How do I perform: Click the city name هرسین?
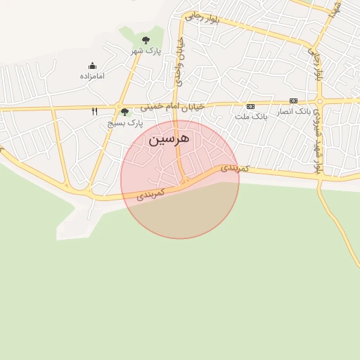click(x=169, y=139)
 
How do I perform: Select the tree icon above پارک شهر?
click(x=146, y=40)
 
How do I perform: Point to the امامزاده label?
click(x=92, y=75)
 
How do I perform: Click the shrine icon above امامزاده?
click(x=92, y=65)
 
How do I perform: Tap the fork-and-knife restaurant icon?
click(x=95, y=111)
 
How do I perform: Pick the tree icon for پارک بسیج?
click(x=124, y=112)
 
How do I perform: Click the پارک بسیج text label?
click(x=124, y=122)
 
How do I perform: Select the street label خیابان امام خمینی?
click(x=172, y=106)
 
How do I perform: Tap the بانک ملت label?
click(x=251, y=116)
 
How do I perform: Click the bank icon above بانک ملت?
click(x=250, y=105)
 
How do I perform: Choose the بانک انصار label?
click(x=294, y=111)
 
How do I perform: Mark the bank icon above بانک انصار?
click(x=293, y=101)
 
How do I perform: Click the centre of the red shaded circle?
click(x=180, y=179)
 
